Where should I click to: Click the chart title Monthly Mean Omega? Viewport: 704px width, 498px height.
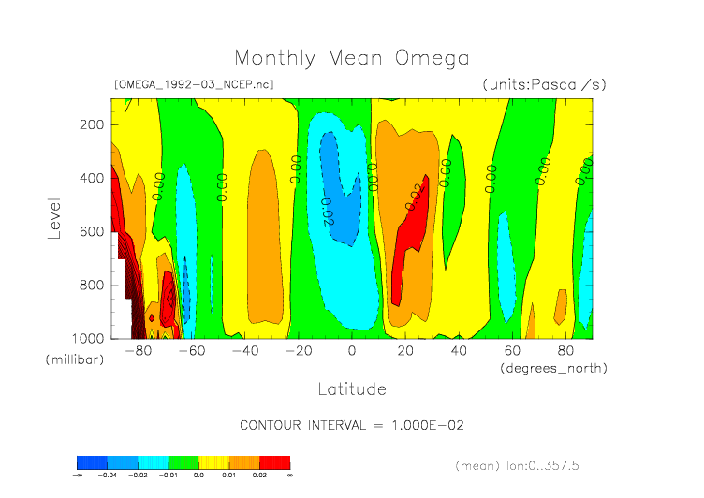(x=351, y=58)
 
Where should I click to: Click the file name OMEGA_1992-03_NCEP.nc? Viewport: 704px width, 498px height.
(x=194, y=84)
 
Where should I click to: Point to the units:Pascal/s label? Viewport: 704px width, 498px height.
(x=545, y=84)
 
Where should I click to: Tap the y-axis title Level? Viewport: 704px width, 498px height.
(x=54, y=217)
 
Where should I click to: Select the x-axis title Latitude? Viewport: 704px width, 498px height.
(x=351, y=388)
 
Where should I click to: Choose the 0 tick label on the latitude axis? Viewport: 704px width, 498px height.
(x=352, y=352)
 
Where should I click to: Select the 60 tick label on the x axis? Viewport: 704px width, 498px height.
(x=512, y=352)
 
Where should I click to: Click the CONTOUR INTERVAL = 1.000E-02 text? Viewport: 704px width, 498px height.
(x=352, y=425)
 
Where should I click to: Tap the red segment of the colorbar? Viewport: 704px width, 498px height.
(x=275, y=462)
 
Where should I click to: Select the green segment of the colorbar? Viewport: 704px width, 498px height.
(x=183, y=462)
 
